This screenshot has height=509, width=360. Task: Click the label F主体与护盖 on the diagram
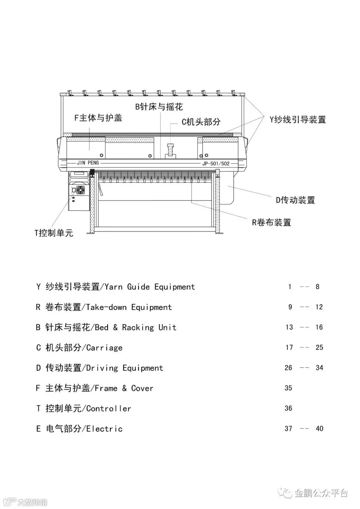tap(98, 118)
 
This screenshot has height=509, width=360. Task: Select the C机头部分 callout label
tap(201, 122)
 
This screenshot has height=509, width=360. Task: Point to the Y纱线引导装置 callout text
tap(297, 119)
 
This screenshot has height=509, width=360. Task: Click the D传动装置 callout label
tap(295, 200)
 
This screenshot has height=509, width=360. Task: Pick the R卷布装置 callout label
tap(271, 222)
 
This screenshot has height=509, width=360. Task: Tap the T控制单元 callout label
tap(54, 233)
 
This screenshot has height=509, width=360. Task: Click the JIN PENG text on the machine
tap(88, 163)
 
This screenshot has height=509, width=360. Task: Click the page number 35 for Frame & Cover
tap(288, 388)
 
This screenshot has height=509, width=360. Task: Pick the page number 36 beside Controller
tap(288, 408)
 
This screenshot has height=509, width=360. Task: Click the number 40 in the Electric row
tap(319, 429)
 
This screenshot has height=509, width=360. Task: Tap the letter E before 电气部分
tap(38, 429)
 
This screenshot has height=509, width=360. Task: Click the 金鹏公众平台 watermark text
tap(321, 493)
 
